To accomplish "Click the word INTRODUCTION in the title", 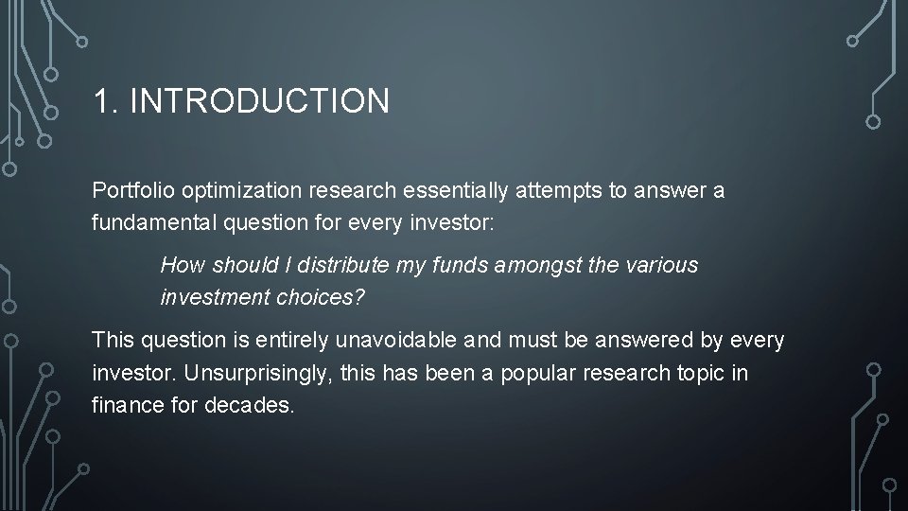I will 259,101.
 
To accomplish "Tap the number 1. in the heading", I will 106,101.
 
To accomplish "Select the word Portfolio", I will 129,190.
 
